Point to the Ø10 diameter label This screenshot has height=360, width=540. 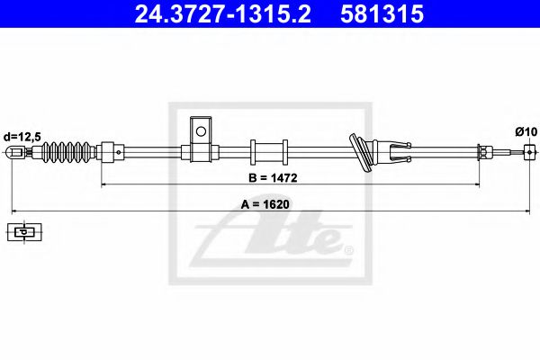(526, 131)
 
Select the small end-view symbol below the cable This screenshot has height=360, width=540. (23, 232)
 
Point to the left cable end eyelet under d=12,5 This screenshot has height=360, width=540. (13, 153)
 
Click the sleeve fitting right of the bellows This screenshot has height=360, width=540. (111, 152)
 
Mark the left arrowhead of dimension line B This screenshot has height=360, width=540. (104, 184)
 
